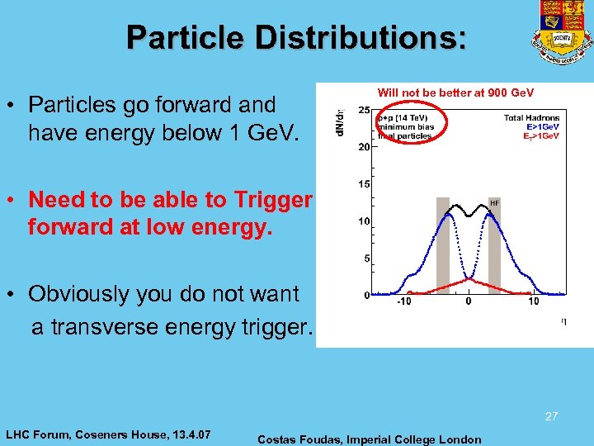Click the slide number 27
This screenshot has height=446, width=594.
pyautogui.click(x=551, y=417)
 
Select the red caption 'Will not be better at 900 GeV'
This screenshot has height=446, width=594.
pyautogui.click(x=455, y=92)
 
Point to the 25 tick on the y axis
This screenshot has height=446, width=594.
pyautogui.click(x=363, y=110)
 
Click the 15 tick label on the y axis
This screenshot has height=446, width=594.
pyautogui.click(x=363, y=184)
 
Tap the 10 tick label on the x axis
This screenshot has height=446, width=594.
pyautogui.click(x=534, y=301)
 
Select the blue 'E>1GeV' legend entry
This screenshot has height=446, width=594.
pyautogui.click(x=541, y=126)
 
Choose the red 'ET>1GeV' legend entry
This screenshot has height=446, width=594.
pyautogui.click(x=541, y=135)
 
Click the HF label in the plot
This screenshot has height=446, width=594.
pyautogui.click(x=494, y=202)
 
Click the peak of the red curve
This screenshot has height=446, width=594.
pyautogui.click(x=468, y=281)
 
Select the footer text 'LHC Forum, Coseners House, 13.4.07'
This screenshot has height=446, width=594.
pyautogui.click(x=108, y=434)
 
